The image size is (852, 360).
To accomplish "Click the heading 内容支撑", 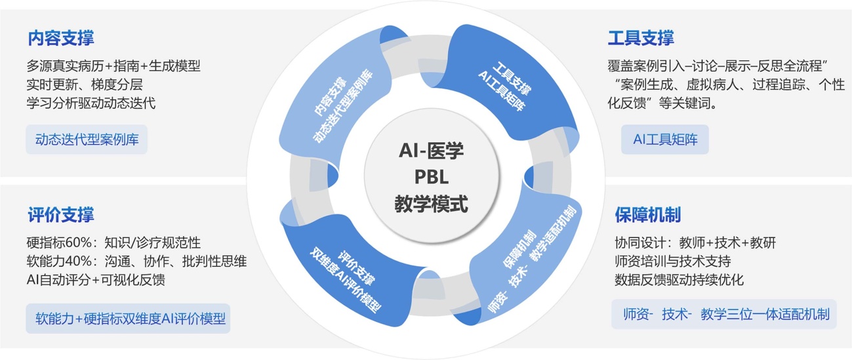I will click(x=61, y=38).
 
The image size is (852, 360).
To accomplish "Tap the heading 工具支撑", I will click(x=641, y=38).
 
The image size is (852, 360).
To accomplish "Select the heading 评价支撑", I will click(x=61, y=214).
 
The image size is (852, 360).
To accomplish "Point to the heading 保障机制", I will click(x=647, y=214).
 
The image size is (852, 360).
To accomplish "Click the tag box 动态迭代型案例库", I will click(x=87, y=140).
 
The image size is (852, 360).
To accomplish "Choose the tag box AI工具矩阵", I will click(x=664, y=140).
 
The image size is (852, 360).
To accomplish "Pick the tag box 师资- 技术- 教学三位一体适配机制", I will click(x=725, y=314).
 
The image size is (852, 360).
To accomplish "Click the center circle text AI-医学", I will click(x=431, y=151).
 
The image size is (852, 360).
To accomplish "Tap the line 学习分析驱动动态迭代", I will click(x=91, y=104).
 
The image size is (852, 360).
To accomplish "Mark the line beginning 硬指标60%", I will click(x=113, y=243).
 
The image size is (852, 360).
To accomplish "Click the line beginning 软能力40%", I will click(x=136, y=261).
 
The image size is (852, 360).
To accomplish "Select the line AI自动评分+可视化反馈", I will click(x=96, y=280).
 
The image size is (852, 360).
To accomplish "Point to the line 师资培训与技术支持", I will click(x=672, y=261).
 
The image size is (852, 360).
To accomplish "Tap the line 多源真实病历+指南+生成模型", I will click(x=113, y=66).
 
